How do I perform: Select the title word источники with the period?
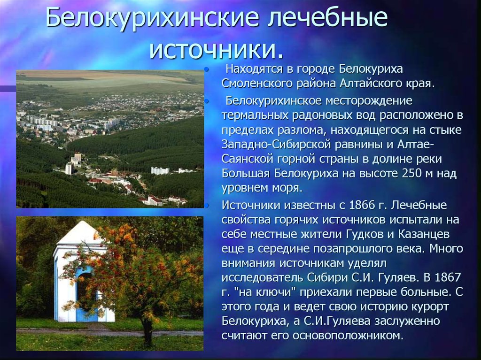(x=216, y=49)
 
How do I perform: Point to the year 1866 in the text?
(x=361, y=205)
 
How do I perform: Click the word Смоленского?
(x=257, y=83)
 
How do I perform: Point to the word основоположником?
(x=347, y=336)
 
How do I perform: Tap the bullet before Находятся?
(x=207, y=69)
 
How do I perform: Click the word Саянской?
(x=248, y=159)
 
